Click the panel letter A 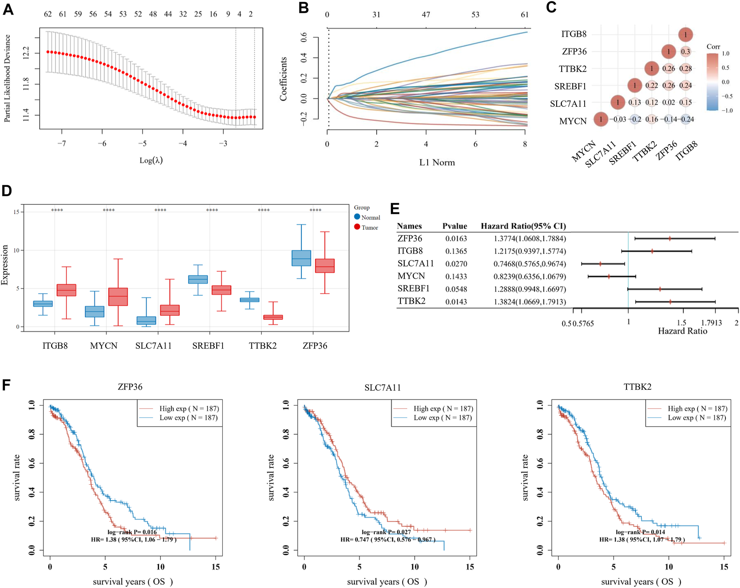tap(8, 9)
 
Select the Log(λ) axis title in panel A tap(151, 160)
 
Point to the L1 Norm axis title tap(437, 162)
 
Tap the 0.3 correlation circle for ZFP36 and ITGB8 tap(685, 51)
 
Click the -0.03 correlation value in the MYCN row tap(618, 119)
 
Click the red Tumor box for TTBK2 tap(273, 317)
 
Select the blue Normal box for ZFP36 tap(301, 258)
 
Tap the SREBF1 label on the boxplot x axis tap(208, 346)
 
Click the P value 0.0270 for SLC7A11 tap(456, 264)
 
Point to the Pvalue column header tap(454, 226)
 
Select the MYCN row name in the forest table tap(411, 276)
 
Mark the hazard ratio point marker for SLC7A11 tap(600, 264)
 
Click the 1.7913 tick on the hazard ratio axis tap(711, 323)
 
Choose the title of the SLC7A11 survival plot tap(383, 387)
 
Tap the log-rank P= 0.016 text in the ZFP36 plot tap(132, 532)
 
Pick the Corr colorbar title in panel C tap(713, 47)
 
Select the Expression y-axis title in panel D tap(5, 265)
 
